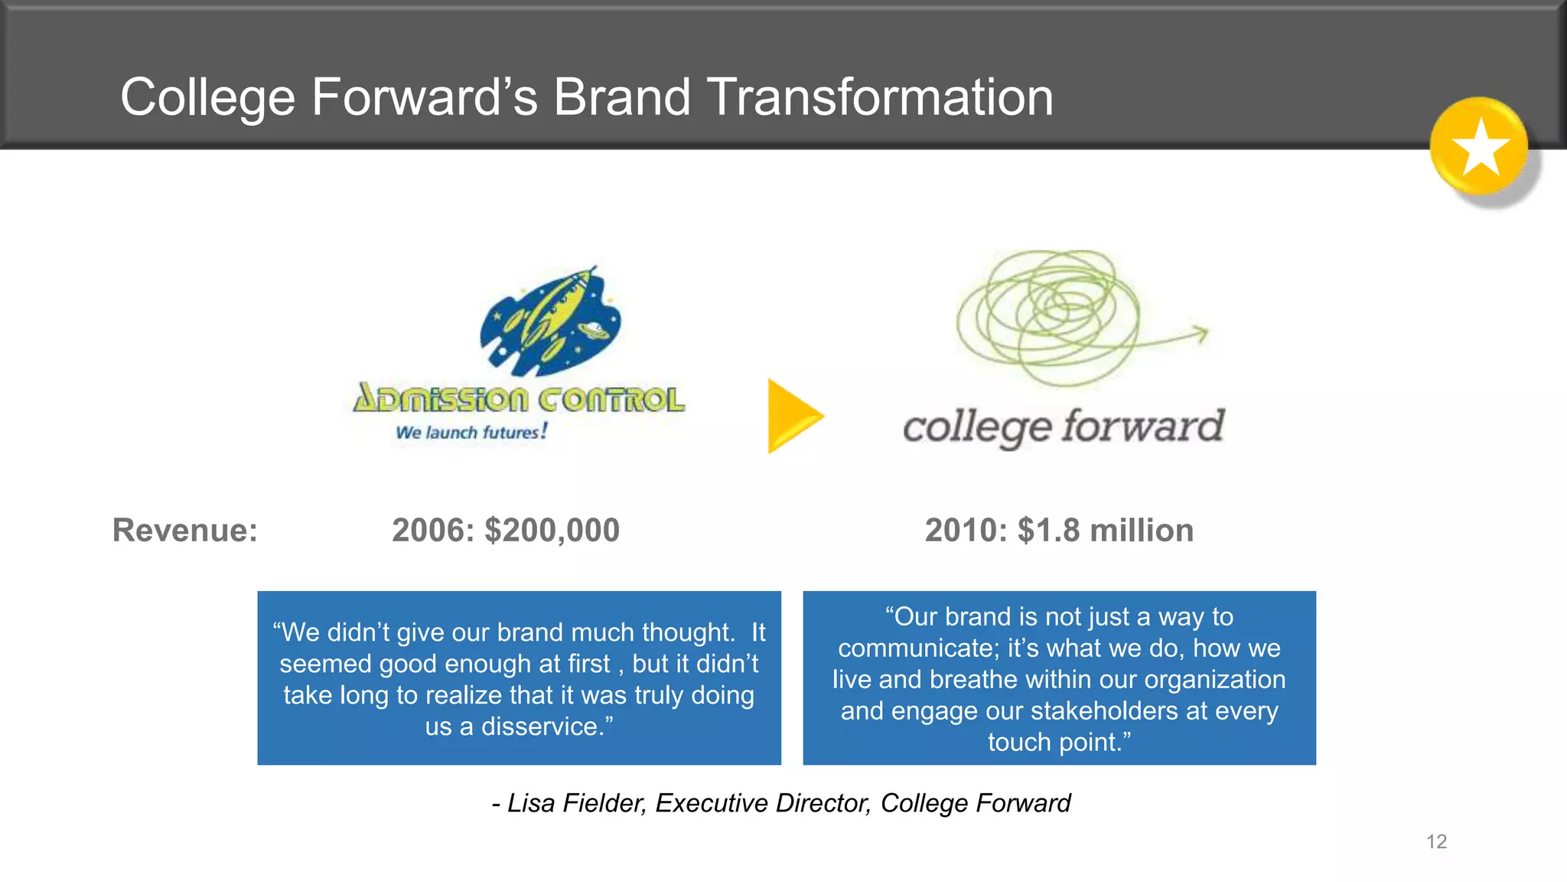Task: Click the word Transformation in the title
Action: coord(880,97)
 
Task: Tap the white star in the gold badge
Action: coord(1481,147)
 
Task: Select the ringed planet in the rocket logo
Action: coord(594,329)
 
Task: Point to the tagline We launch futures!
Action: coord(471,432)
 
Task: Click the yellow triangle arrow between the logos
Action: coord(793,416)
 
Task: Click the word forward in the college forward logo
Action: coord(1143,426)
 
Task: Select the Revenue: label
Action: coord(185,530)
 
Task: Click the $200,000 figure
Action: coord(552,530)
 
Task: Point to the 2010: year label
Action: coord(966,530)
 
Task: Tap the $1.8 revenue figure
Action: coord(1048,530)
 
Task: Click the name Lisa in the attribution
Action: coord(531,802)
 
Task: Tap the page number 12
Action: coord(1436,841)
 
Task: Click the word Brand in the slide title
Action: coord(621,97)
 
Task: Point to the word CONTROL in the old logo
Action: coord(611,400)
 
